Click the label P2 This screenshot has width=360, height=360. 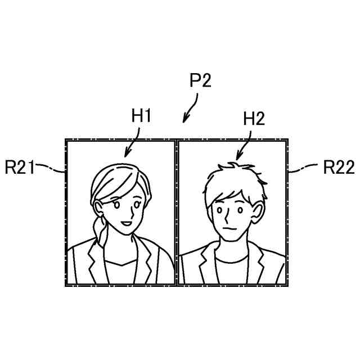(200, 80)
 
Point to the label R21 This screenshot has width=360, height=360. (20, 167)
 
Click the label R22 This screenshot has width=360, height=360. (339, 167)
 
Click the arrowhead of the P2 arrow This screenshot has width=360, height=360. (184, 120)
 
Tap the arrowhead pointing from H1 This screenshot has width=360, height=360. (126, 154)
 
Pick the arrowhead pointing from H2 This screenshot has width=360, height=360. (238, 157)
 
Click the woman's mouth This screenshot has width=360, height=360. (127, 223)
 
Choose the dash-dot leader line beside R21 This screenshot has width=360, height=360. (51, 167)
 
